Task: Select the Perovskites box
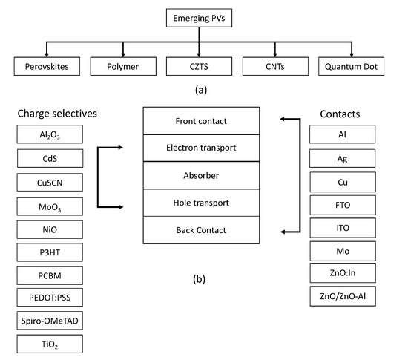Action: click(46, 68)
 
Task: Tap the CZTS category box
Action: click(203, 68)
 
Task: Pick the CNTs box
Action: click(280, 68)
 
